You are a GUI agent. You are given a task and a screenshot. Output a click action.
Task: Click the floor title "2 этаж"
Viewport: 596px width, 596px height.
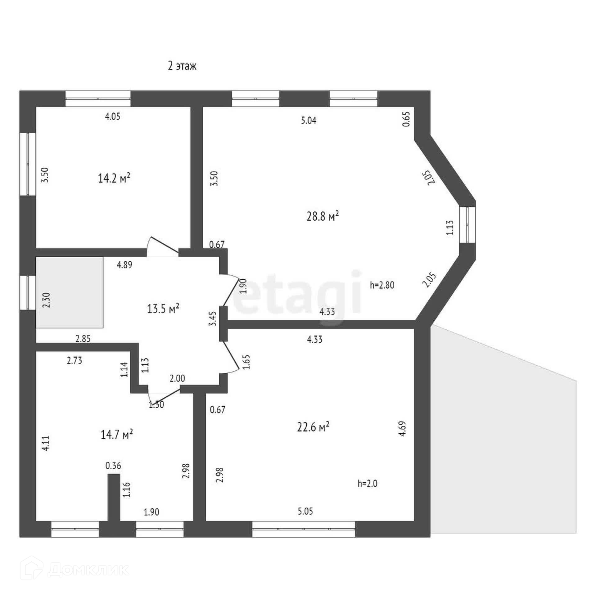182,66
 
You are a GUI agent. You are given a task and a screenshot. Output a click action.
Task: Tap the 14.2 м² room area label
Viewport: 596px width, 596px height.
114,178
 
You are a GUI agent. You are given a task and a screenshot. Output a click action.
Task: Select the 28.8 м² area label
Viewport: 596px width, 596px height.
322,216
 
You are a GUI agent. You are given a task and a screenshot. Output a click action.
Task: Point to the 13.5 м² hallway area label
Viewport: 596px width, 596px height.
163,309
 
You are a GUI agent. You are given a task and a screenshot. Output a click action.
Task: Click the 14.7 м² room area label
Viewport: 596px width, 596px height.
116,434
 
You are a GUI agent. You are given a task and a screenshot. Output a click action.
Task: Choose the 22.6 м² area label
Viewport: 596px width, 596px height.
313,427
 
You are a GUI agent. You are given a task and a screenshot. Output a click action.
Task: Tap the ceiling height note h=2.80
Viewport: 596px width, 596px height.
382,285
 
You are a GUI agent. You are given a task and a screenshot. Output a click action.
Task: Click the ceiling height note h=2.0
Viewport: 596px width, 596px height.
367,483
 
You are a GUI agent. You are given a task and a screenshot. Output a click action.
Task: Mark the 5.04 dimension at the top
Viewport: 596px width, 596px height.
309,120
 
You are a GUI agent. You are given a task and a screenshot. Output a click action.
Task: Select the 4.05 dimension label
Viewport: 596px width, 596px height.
112,117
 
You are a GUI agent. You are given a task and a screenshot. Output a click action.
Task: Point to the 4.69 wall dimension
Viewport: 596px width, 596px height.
402,429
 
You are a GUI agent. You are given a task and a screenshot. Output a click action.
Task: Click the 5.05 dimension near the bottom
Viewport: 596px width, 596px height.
305,511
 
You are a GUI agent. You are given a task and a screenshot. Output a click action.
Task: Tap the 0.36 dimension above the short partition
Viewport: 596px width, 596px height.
113,466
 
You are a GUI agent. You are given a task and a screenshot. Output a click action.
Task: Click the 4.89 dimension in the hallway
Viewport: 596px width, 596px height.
124,265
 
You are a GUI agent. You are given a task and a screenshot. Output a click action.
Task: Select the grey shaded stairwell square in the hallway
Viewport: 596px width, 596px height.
70,292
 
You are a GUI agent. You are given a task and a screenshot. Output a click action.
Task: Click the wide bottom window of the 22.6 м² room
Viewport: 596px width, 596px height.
303,529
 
